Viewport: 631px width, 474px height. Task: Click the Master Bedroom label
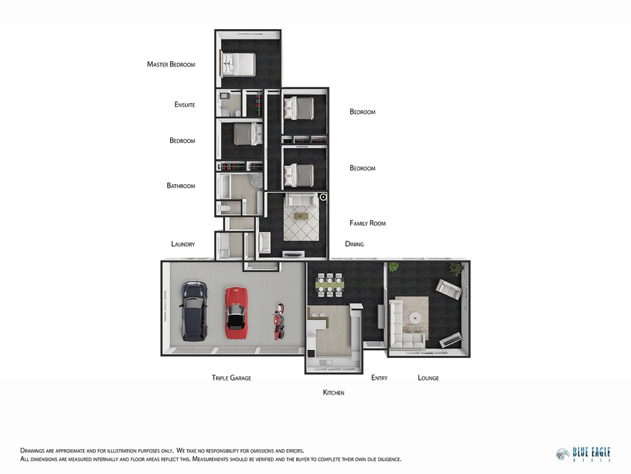click(x=171, y=64)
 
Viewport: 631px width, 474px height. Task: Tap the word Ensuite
click(x=185, y=104)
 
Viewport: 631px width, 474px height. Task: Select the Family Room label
click(x=368, y=223)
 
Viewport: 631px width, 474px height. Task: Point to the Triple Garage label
click(x=231, y=378)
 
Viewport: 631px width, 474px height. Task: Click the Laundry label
click(x=183, y=244)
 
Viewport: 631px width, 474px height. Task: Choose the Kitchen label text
click(x=334, y=393)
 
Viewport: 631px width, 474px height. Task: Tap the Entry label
click(x=379, y=378)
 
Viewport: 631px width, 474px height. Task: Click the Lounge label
click(x=428, y=378)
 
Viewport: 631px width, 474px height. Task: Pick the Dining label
click(x=355, y=244)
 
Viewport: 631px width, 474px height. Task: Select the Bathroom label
click(x=181, y=186)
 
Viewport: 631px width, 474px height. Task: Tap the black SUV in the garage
click(x=194, y=311)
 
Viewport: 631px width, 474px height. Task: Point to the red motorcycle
click(x=278, y=322)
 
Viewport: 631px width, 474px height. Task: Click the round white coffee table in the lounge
click(x=415, y=318)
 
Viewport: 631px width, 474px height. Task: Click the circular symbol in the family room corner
click(x=323, y=197)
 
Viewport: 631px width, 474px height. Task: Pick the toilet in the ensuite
click(x=238, y=113)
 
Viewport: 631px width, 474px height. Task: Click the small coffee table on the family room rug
click(x=301, y=216)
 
